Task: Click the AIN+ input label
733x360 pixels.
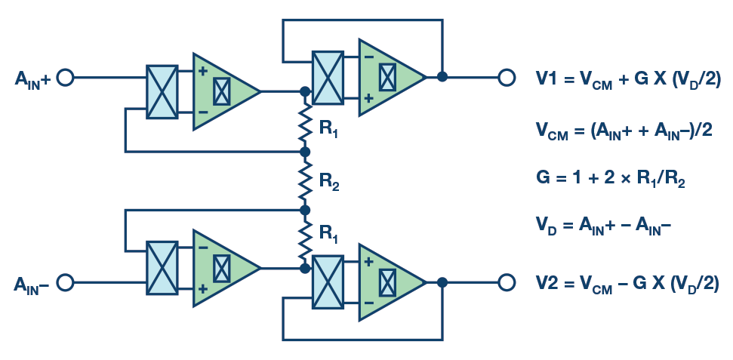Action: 32,78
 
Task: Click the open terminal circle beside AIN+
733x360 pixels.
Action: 65,77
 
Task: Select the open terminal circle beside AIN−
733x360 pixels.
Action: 65,282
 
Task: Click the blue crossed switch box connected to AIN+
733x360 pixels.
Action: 162,91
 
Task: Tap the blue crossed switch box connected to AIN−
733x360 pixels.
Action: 162,268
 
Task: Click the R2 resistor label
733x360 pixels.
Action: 329,182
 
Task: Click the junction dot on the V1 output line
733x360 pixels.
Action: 442,77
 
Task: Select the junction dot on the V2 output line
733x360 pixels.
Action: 442,282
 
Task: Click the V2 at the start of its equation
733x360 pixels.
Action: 547,284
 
